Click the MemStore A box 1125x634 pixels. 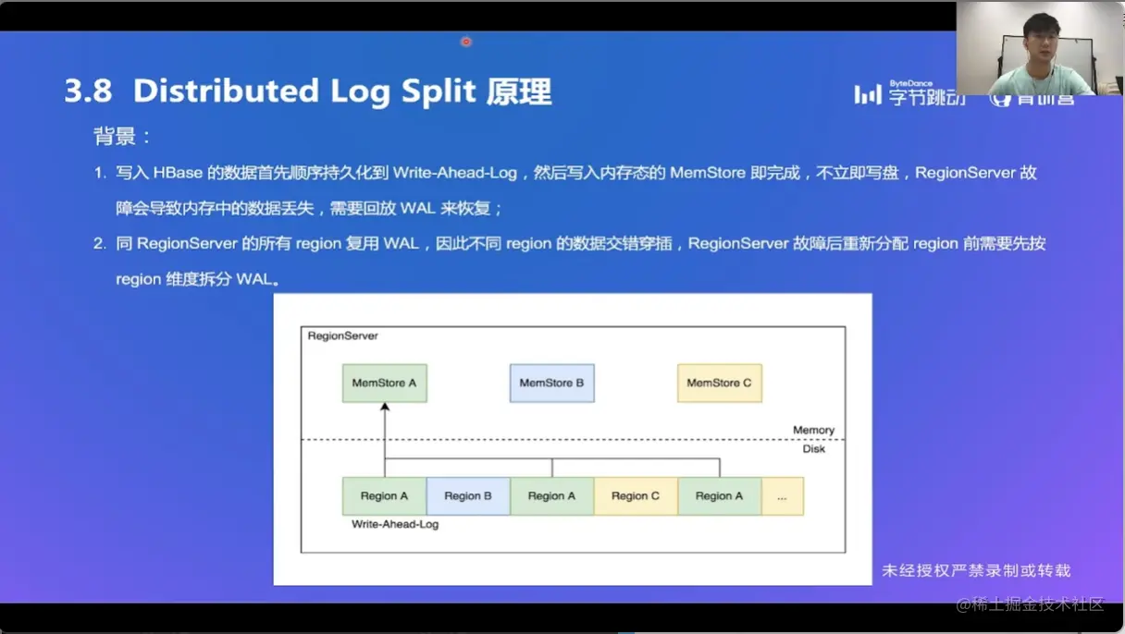coord(384,383)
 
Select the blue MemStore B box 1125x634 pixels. coord(551,383)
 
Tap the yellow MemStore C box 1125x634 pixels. coord(719,383)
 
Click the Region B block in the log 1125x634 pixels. coord(467,496)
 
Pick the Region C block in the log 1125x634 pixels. coord(636,496)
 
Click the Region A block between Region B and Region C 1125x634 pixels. coord(551,496)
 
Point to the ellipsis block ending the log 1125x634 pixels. coord(783,496)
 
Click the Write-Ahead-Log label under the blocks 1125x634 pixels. coord(395,524)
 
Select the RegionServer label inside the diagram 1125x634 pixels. coord(342,335)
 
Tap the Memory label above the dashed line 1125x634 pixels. coord(813,430)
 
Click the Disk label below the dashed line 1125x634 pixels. coord(813,448)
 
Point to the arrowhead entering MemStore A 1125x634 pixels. coord(385,408)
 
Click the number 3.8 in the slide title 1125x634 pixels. coord(88,91)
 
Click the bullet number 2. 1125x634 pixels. coord(99,244)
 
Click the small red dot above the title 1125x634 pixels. coord(465,42)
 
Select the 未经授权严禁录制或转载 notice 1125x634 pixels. coord(976,571)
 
